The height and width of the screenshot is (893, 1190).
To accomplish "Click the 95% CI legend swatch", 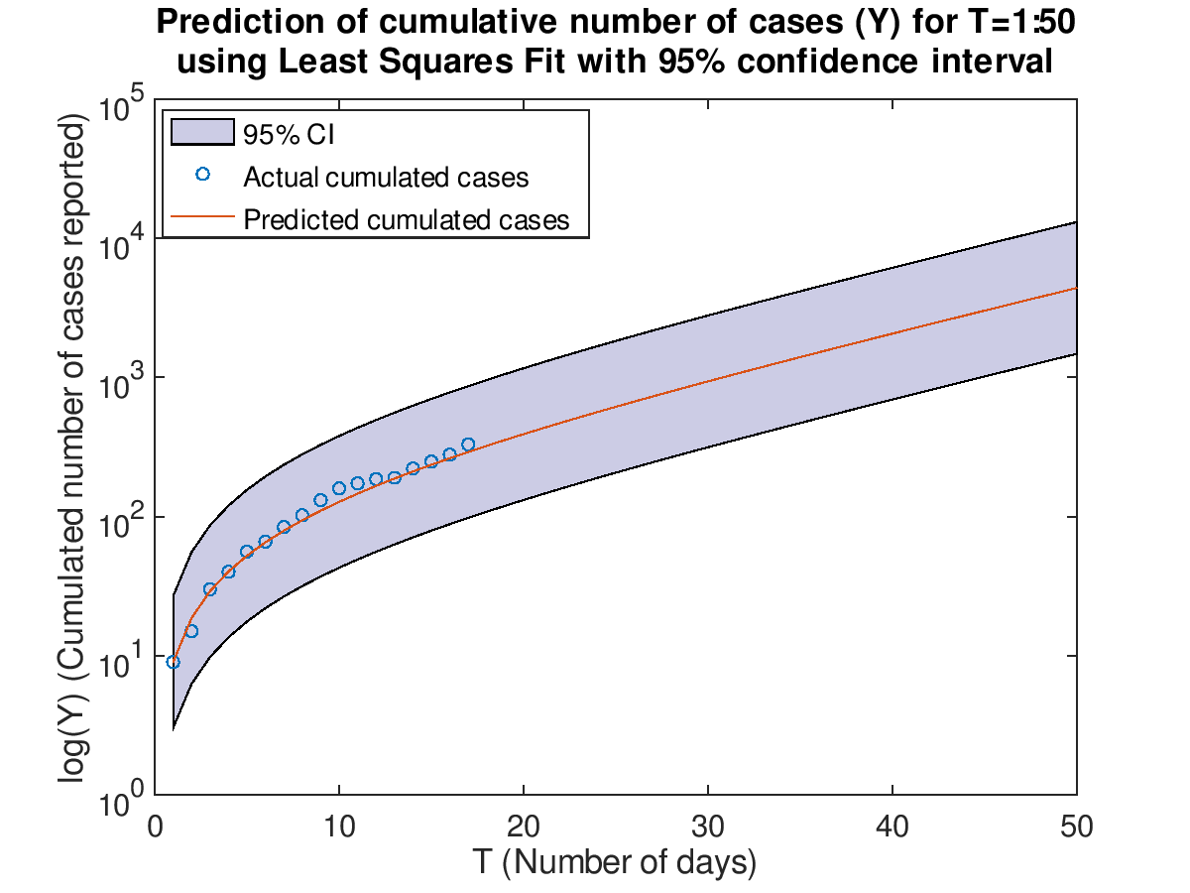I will (x=201, y=132).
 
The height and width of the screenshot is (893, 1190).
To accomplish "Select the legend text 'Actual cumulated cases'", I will (x=386, y=178).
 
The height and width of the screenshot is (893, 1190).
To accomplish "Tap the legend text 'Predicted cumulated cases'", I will (x=407, y=219).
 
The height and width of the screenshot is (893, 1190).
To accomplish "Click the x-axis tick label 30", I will (x=708, y=827).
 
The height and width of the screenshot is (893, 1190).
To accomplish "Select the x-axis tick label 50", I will (x=1076, y=827).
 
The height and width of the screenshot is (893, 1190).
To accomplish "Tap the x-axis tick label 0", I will (x=156, y=827).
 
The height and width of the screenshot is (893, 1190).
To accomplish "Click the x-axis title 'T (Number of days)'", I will (x=615, y=861).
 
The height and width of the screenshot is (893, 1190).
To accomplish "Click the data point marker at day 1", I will (x=174, y=662).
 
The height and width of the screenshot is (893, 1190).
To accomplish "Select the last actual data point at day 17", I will (x=468, y=445).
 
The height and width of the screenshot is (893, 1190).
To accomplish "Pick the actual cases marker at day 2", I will (x=191, y=631).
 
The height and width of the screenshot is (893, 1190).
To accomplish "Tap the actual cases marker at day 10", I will (x=339, y=488).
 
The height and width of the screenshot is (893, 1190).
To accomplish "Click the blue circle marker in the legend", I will (x=202, y=175).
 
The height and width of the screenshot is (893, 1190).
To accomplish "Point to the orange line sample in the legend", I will (x=202, y=217).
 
